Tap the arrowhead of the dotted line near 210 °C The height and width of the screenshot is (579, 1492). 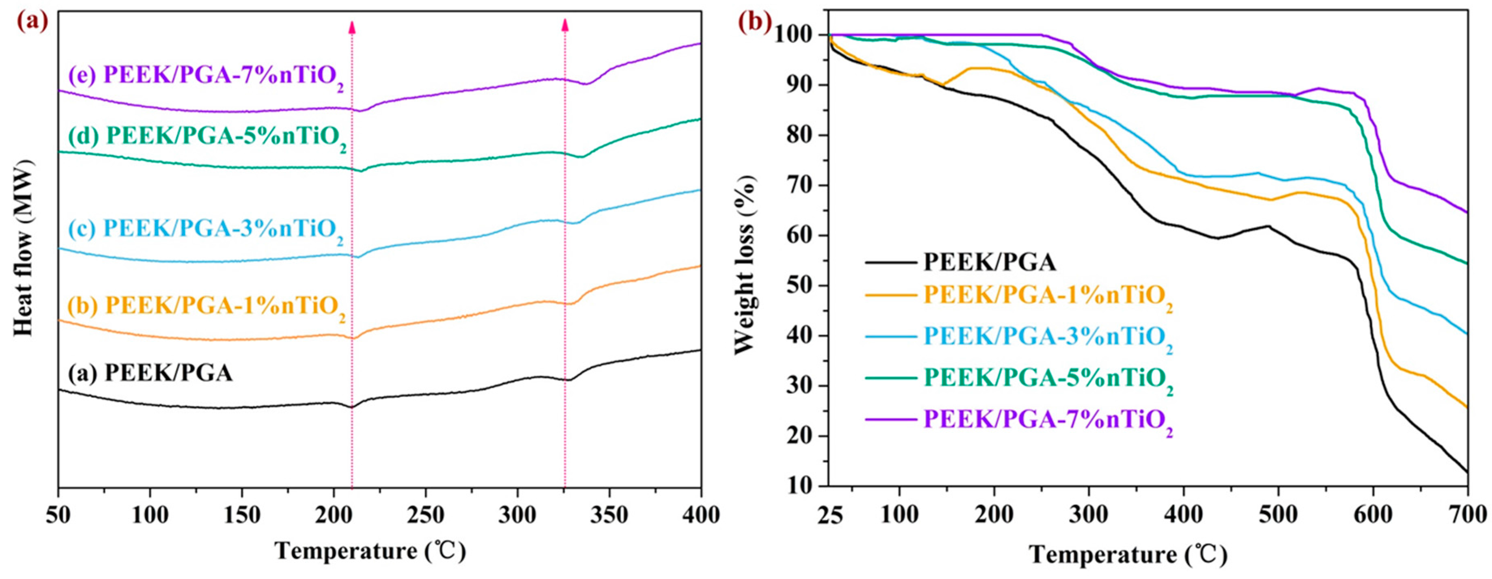(x=351, y=26)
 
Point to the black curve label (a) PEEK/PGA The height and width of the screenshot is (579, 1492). (x=151, y=373)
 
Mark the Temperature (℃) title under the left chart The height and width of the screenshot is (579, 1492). (x=370, y=551)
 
